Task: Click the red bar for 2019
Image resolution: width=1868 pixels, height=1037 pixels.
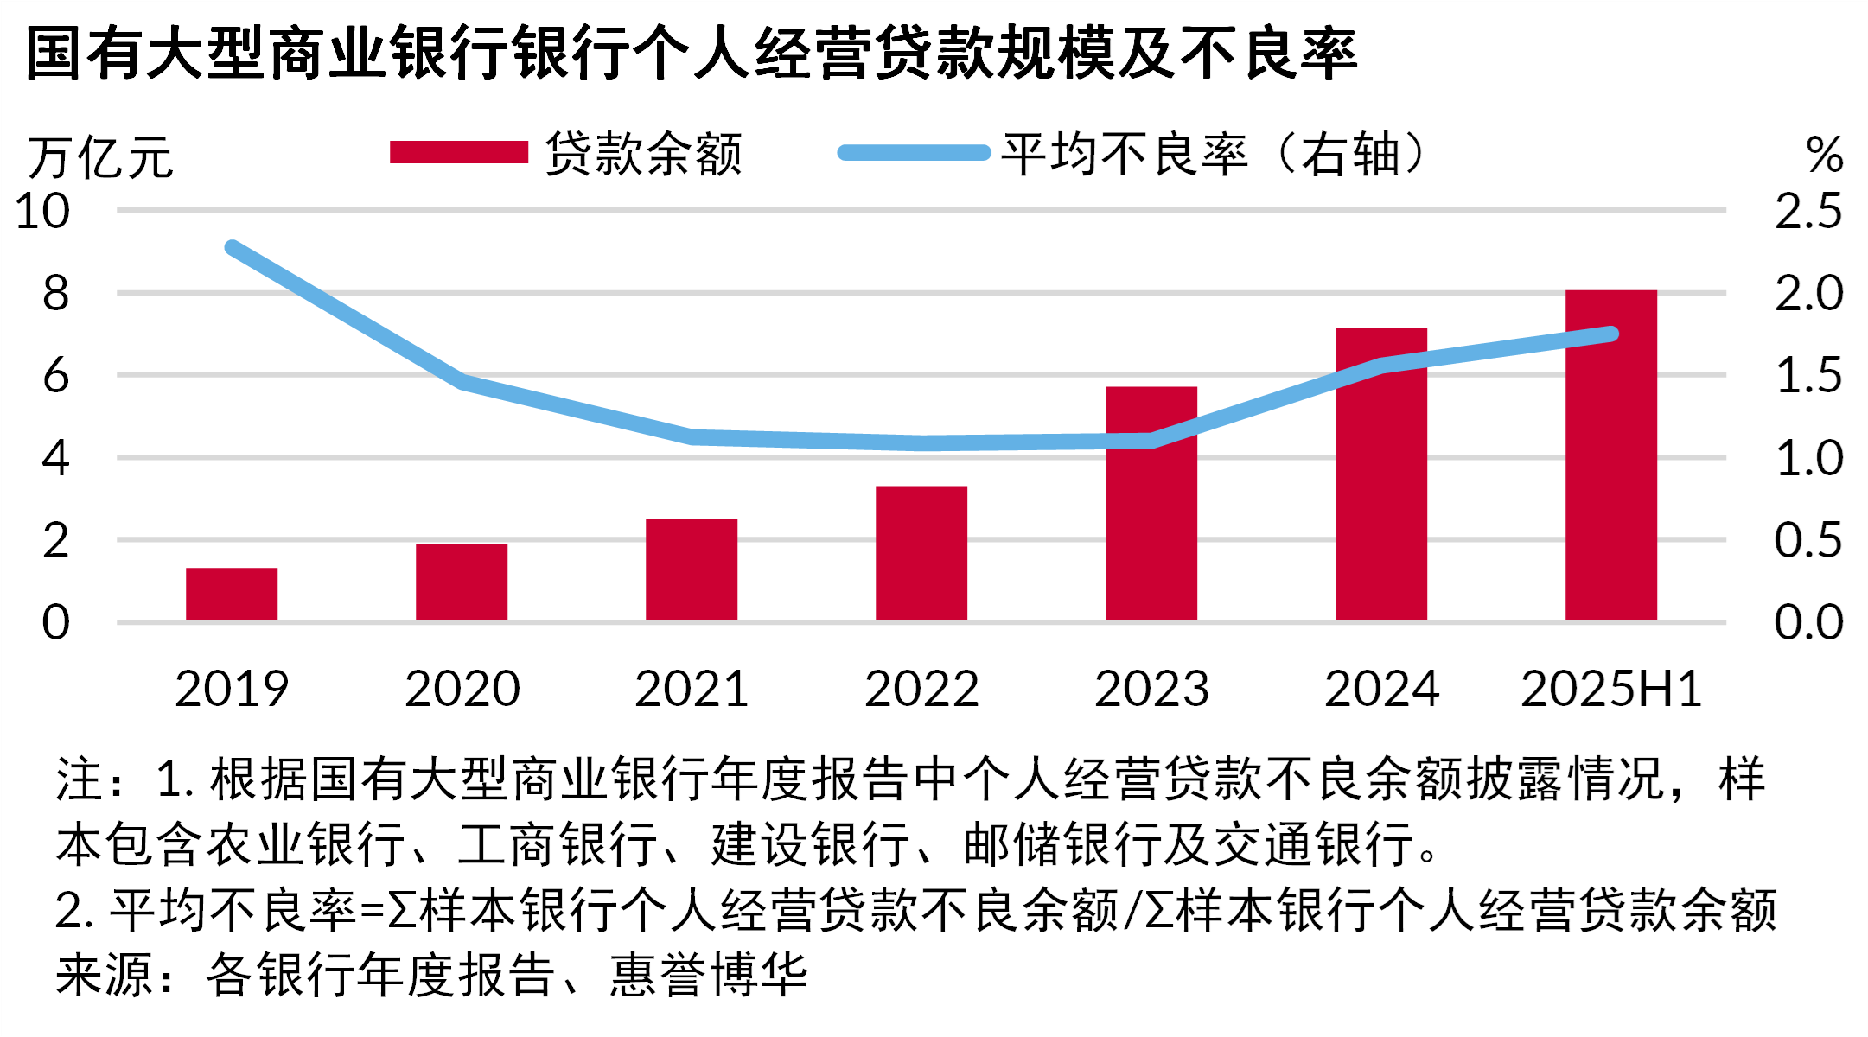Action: (232, 594)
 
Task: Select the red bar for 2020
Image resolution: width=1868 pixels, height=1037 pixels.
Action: (462, 582)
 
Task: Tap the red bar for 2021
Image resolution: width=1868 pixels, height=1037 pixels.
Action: (692, 569)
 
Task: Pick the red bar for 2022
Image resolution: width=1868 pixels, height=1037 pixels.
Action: (921, 553)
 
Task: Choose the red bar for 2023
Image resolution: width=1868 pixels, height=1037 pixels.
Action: (1151, 518)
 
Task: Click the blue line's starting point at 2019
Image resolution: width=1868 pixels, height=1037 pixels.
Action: (233, 248)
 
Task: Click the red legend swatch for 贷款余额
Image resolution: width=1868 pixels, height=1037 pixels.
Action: (458, 153)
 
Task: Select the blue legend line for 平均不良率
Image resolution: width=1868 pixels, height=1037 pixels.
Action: (914, 153)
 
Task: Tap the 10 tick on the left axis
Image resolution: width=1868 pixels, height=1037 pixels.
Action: (42, 211)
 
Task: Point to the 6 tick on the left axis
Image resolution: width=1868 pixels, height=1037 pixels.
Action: (55, 376)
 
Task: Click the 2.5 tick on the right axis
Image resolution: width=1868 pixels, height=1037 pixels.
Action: (1808, 211)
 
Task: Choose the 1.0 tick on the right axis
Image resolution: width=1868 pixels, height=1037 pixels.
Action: (1808, 458)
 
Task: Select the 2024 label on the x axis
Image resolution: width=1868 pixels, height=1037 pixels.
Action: (1381, 689)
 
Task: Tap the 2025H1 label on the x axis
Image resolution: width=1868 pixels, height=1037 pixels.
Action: (1611, 689)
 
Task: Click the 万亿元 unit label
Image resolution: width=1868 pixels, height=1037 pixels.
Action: (100, 158)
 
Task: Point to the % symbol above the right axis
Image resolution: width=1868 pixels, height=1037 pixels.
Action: (1825, 156)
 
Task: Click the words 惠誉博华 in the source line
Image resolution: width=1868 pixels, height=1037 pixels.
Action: (709, 975)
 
